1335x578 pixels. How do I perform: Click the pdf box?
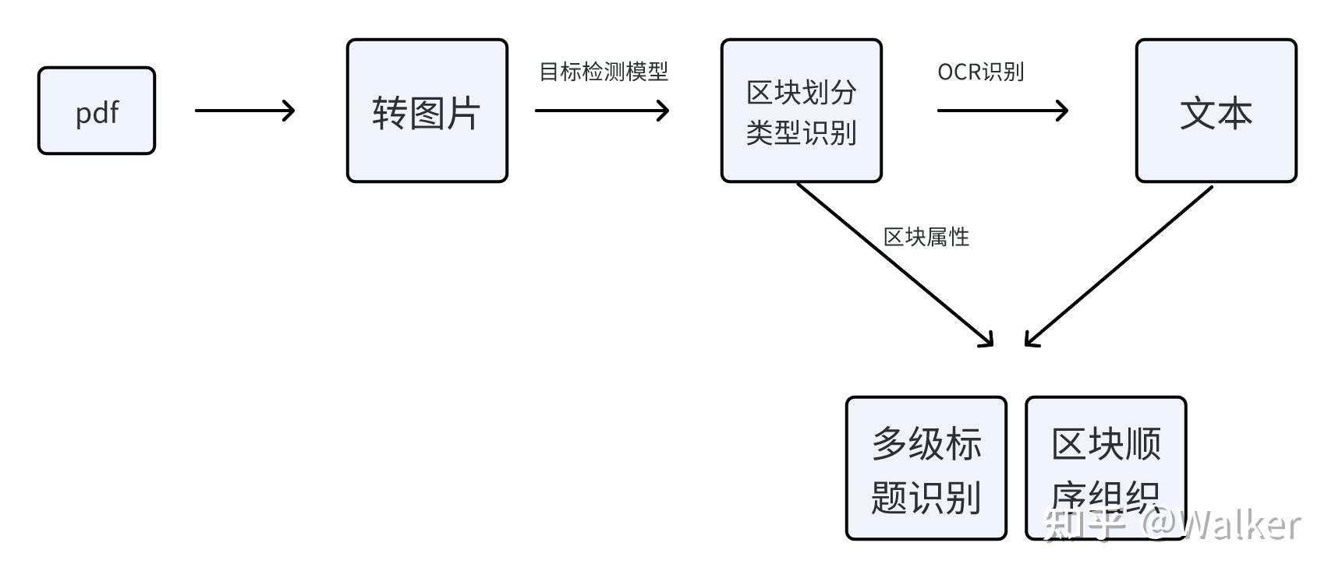click(x=97, y=111)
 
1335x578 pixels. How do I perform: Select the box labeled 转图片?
click(x=427, y=111)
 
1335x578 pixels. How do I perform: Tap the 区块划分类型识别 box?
click(x=801, y=111)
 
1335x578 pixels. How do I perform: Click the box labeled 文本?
click(x=1216, y=111)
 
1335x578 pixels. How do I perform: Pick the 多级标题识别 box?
click(x=926, y=468)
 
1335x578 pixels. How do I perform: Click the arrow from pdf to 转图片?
click(x=244, y=111)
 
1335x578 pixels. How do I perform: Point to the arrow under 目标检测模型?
click(x=601, y=111)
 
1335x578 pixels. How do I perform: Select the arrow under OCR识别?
click(x=1002, y=111)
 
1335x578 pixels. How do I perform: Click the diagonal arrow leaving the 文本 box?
click(x=1119, y=266)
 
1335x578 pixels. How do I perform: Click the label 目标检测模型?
click(x=604, y=72)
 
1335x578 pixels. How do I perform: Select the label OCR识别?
click(x=980, y=72)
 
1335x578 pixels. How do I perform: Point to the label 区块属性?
click(x=926, y=237)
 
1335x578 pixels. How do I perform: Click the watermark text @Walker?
click(x=1221, y=525)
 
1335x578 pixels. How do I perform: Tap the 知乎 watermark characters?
click(x=1085, y=525)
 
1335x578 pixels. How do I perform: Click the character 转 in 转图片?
click(x=389, y=113)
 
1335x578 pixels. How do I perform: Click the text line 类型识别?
click(x=801, y=132)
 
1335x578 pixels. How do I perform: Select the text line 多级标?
click(x=926, y=443)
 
